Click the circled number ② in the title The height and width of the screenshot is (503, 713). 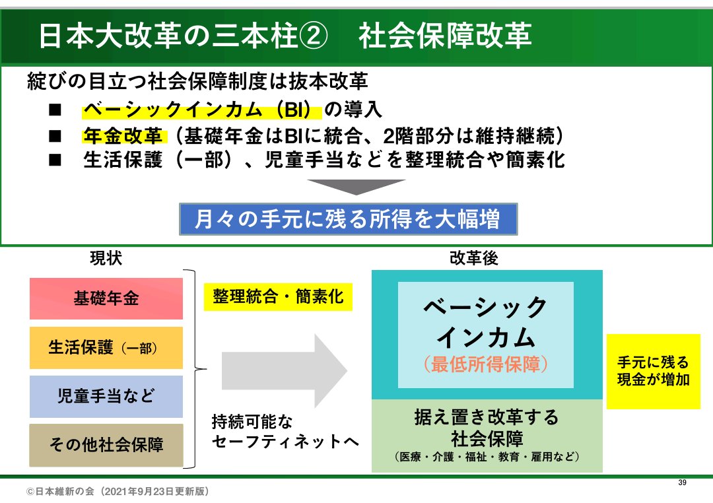pyautogui.click(x=314, y=36)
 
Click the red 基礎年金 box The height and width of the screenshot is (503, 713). pyautogui.click(x=106, y=298)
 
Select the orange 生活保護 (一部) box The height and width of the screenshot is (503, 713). pyautogui.click(x=106, y=347)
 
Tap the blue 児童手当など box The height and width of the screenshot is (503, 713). pyautogui.click(x=106, y=396)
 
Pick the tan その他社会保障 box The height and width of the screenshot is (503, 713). pyautogui.click(x=106, y=445)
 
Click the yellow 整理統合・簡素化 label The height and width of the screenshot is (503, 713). pyautogui.click(x=278, y=297)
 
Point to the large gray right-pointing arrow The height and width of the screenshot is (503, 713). pyautogui.click(x=285, y=371)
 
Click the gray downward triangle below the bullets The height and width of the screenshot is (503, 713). pyautogui.click(x=356, y=187)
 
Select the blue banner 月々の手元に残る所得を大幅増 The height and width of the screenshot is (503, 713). pyautogui.click(x=349, y=219)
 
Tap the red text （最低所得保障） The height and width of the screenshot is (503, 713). pyautogui.click(x=486, y=364)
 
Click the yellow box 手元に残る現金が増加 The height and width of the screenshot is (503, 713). pyautogui.click(x=654, y=371)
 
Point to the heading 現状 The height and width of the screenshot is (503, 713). pyautogui.click(x=106, y=258)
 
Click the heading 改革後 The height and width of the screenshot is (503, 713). pyautogui.click(x=474, y=258)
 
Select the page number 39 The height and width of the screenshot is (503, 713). pyautogui.click(x=682, y=483)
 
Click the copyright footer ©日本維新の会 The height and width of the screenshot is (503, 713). pyautogui.click(x=118, y=492)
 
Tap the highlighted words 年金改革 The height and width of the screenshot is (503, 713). pyautogui.click(x=123, y=136)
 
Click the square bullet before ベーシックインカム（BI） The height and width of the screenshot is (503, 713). pyautogui.click(x=55, y=110)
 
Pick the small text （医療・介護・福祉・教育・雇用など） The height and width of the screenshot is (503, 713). pyautogui.click(x=487, y=457)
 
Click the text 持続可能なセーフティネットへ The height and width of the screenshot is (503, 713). pyautogui.click(x=285, y=432)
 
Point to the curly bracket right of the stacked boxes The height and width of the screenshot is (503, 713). pyautogui.click(x=197, y=369)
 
